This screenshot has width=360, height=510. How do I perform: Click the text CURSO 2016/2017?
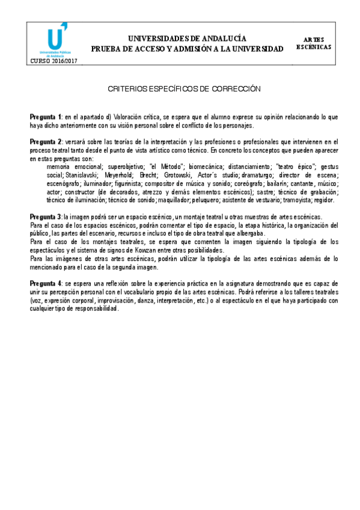[53, 61]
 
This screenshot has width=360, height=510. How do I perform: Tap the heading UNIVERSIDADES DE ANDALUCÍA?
[186, 38]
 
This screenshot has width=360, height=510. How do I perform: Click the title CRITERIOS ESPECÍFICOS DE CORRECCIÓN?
[183, 88]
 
